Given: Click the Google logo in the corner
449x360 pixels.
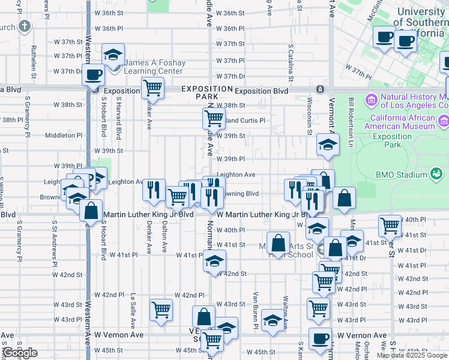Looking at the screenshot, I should tap(20, 353).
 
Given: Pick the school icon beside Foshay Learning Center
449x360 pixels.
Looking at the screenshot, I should tap(112, 55).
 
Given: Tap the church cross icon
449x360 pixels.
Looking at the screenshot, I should tap(24, 26).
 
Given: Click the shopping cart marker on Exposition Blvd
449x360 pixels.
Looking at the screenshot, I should tap(153, 88).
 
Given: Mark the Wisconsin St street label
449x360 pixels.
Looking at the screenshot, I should tap(310, 116).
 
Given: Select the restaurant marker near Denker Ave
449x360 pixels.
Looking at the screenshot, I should tap(154, 190).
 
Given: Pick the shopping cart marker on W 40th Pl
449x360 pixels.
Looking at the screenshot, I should tap(390, 226).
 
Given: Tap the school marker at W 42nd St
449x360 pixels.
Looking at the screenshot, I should tap(214, 261).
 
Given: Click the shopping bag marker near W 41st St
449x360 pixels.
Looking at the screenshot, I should tap(278, 243).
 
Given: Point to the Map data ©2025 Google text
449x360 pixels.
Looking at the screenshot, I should tap(412, 355).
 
